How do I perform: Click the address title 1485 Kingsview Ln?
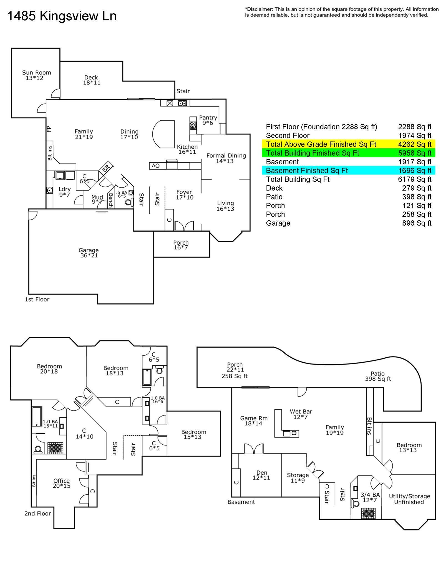(x=62, y=16)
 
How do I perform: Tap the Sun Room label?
(x=36, y=75)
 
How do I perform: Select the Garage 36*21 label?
(x=89, y=253)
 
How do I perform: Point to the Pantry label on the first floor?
(x=208, y=120)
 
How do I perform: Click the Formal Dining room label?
(x=226, y=158)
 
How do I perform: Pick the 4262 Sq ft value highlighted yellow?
(x=414, y=144)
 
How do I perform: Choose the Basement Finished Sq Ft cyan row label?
(x=307, y=171)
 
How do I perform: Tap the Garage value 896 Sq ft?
(x=417, y=223)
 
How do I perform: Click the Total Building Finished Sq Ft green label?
(x=313, y=153)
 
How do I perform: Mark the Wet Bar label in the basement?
(x=301, y=414)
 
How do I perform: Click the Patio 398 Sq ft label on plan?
(x=378, y=376)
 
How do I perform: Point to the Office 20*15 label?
(x=62, y=483)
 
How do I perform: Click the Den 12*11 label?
(x=261, y=475)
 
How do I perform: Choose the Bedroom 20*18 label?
(x=49, y=369)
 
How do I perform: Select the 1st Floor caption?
(x=37, y=299)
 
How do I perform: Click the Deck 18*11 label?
(x=91, y=80)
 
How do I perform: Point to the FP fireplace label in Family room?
(x=49, y=129)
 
